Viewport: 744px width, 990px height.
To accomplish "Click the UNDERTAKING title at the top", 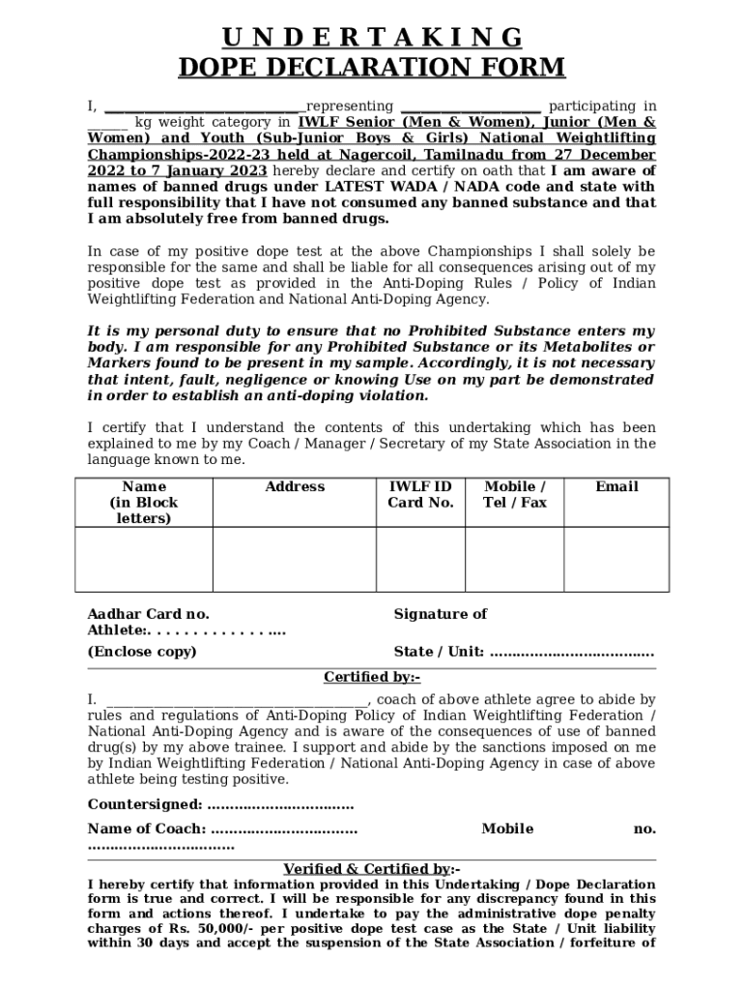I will tap(372, 38).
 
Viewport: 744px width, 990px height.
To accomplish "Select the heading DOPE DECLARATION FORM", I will tap(372, 68).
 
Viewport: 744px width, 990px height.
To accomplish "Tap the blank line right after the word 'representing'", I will tap(470, 108).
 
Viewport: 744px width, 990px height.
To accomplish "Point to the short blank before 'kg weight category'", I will tap(106, 125).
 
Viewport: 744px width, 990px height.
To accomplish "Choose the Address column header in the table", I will tap(295, 486).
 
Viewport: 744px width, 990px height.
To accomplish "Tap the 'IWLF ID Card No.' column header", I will tap(420, 494).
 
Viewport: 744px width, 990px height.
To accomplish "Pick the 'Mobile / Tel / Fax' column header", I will tap(514, 494).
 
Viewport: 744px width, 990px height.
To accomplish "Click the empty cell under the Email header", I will tap(616, 559).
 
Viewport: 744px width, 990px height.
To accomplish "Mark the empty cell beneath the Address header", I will tap(295, 559).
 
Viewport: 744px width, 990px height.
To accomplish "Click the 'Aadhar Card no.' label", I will tap(148, 614).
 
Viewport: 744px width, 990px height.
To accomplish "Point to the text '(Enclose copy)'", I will tap(142, 651).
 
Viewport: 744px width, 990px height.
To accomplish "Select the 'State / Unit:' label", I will tap(439, 651).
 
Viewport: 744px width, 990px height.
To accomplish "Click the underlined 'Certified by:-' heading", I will tap(372, 677).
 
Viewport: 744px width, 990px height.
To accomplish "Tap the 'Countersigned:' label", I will tap(145, 804).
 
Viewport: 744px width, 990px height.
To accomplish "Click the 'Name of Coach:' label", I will tap(147, 829).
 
